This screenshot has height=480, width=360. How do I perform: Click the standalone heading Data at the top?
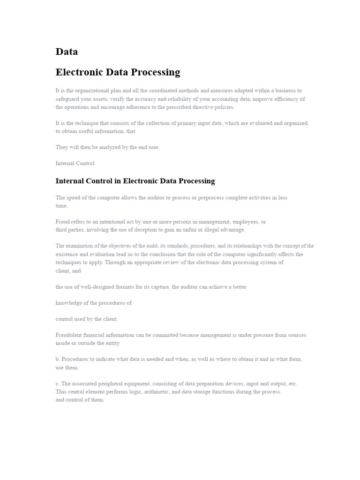pyautogui.click(x=67, y=52)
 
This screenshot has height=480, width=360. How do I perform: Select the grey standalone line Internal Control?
pyautogui.click(x=75, y=163)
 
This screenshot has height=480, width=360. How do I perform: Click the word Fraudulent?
pyautogui.click(x=70, y=335)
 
